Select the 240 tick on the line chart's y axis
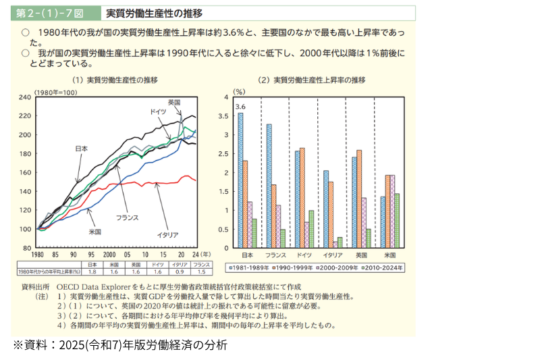[x=25, y=97]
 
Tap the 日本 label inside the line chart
[x=81, y=148]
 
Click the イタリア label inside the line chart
[x=167, y=234]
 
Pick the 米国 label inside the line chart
[x=94, y=231]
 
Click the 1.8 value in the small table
[x=93, y=272]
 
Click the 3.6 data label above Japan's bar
[x=240, y=107]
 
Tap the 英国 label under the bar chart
[x=361, y=255]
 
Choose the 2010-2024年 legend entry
[x=383, y=267]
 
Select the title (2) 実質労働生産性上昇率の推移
[x=312, y=80]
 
